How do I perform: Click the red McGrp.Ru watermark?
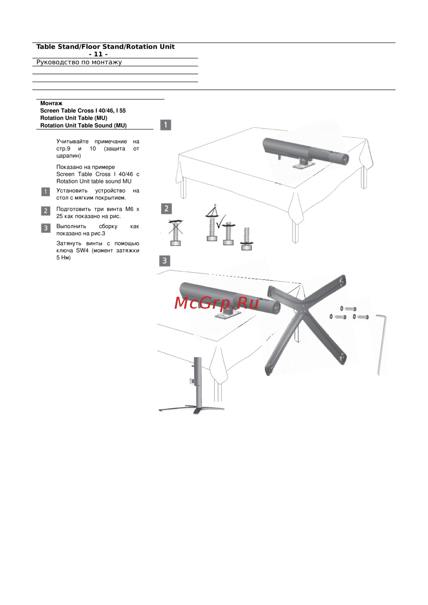(x=216, y=303)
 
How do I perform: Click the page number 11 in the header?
(x=98, y=54)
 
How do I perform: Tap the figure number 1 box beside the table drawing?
(x=166, y=125)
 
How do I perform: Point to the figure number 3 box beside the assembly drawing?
(x=165, y=261)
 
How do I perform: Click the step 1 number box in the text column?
(x=46, y=192)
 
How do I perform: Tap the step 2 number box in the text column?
(x=46, y=211)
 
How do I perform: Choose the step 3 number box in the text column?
(x=46, y=228)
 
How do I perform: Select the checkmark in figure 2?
(x=221, y=221)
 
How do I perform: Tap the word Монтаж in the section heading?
(x=51, y=103)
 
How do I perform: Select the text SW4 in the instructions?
(x=82, y=251)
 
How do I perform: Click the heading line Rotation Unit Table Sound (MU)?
(x=83, y=125)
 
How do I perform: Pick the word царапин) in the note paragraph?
(x=68, y=156)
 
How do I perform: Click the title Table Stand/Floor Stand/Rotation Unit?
(x=105, y=47)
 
